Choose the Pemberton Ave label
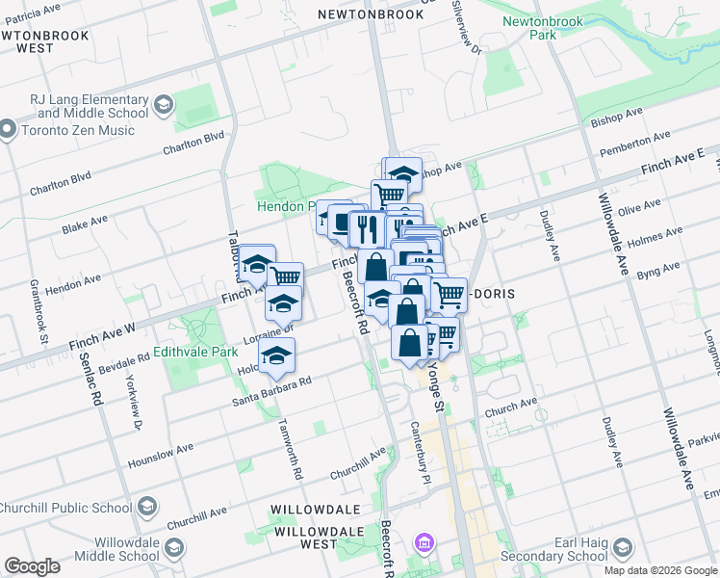(x=631, y=149)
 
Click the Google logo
(x=32, y=566)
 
